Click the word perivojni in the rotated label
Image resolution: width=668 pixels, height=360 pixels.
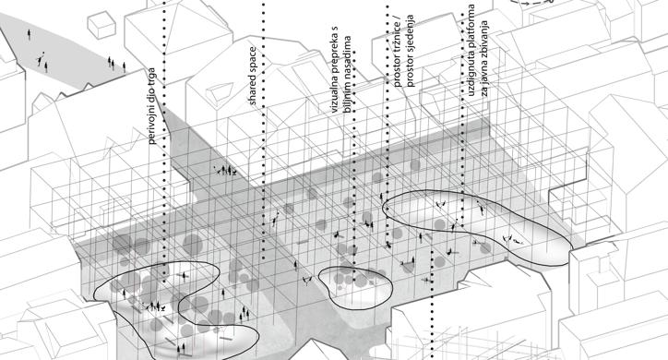152,124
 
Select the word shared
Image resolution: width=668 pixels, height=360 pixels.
253,89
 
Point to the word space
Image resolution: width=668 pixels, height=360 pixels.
253,59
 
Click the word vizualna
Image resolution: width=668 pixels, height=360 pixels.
334,95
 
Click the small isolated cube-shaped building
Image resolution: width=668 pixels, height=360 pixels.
101,25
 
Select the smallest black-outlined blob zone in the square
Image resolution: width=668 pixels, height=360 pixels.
355,287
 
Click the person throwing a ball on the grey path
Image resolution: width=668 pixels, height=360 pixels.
40,59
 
